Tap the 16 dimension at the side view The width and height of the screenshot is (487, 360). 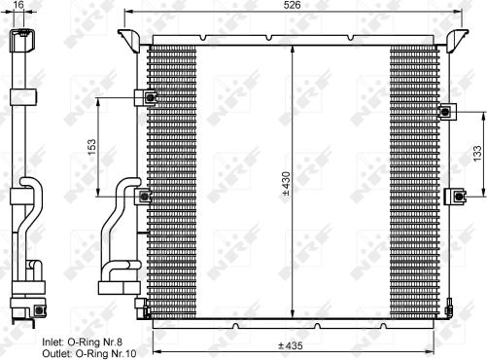pos(18,6)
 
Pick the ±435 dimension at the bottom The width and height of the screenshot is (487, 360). pos(291,345)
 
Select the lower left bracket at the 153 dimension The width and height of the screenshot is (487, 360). pos(144,197)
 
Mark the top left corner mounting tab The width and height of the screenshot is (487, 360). pos(127,39)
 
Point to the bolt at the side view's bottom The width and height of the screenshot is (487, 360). pos(38,310)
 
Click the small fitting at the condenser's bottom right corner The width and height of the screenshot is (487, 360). pos(450,310)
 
